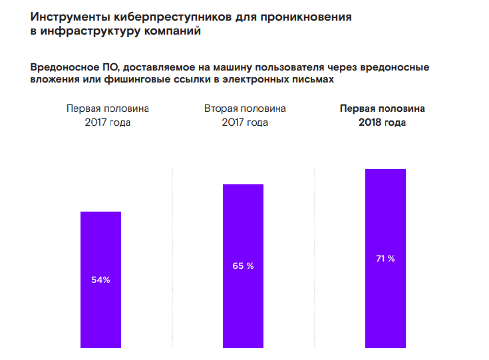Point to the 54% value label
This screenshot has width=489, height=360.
(x=100, y=280)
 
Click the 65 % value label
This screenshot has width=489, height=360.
(x=243, y=266)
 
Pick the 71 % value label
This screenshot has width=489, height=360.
(x=385, y=258)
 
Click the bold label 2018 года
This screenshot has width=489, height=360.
(x=382, y=123)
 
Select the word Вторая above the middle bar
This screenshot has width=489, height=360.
(x=221, y=108)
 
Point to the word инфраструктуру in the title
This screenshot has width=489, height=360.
(x=86, y=31)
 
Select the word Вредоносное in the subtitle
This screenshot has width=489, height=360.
(x=63, y=67)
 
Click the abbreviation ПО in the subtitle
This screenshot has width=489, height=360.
(x=110, y=67)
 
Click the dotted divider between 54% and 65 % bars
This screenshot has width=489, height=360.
(x=172, y=260)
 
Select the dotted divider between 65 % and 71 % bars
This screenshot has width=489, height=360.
(x=314, y=260)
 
